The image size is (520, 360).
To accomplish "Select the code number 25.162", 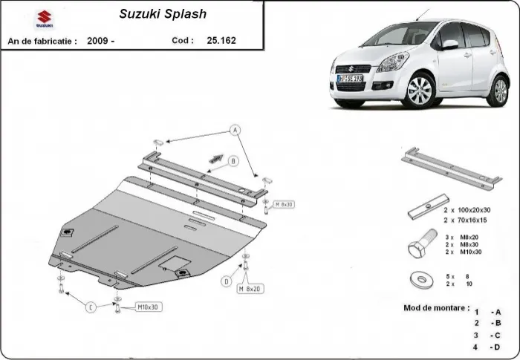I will tap(221, 40).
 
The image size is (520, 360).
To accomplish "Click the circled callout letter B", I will tap(233, 159).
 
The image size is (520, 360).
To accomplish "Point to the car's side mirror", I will tap(449, 45).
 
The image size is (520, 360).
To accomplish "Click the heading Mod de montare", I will tap(436, 307).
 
